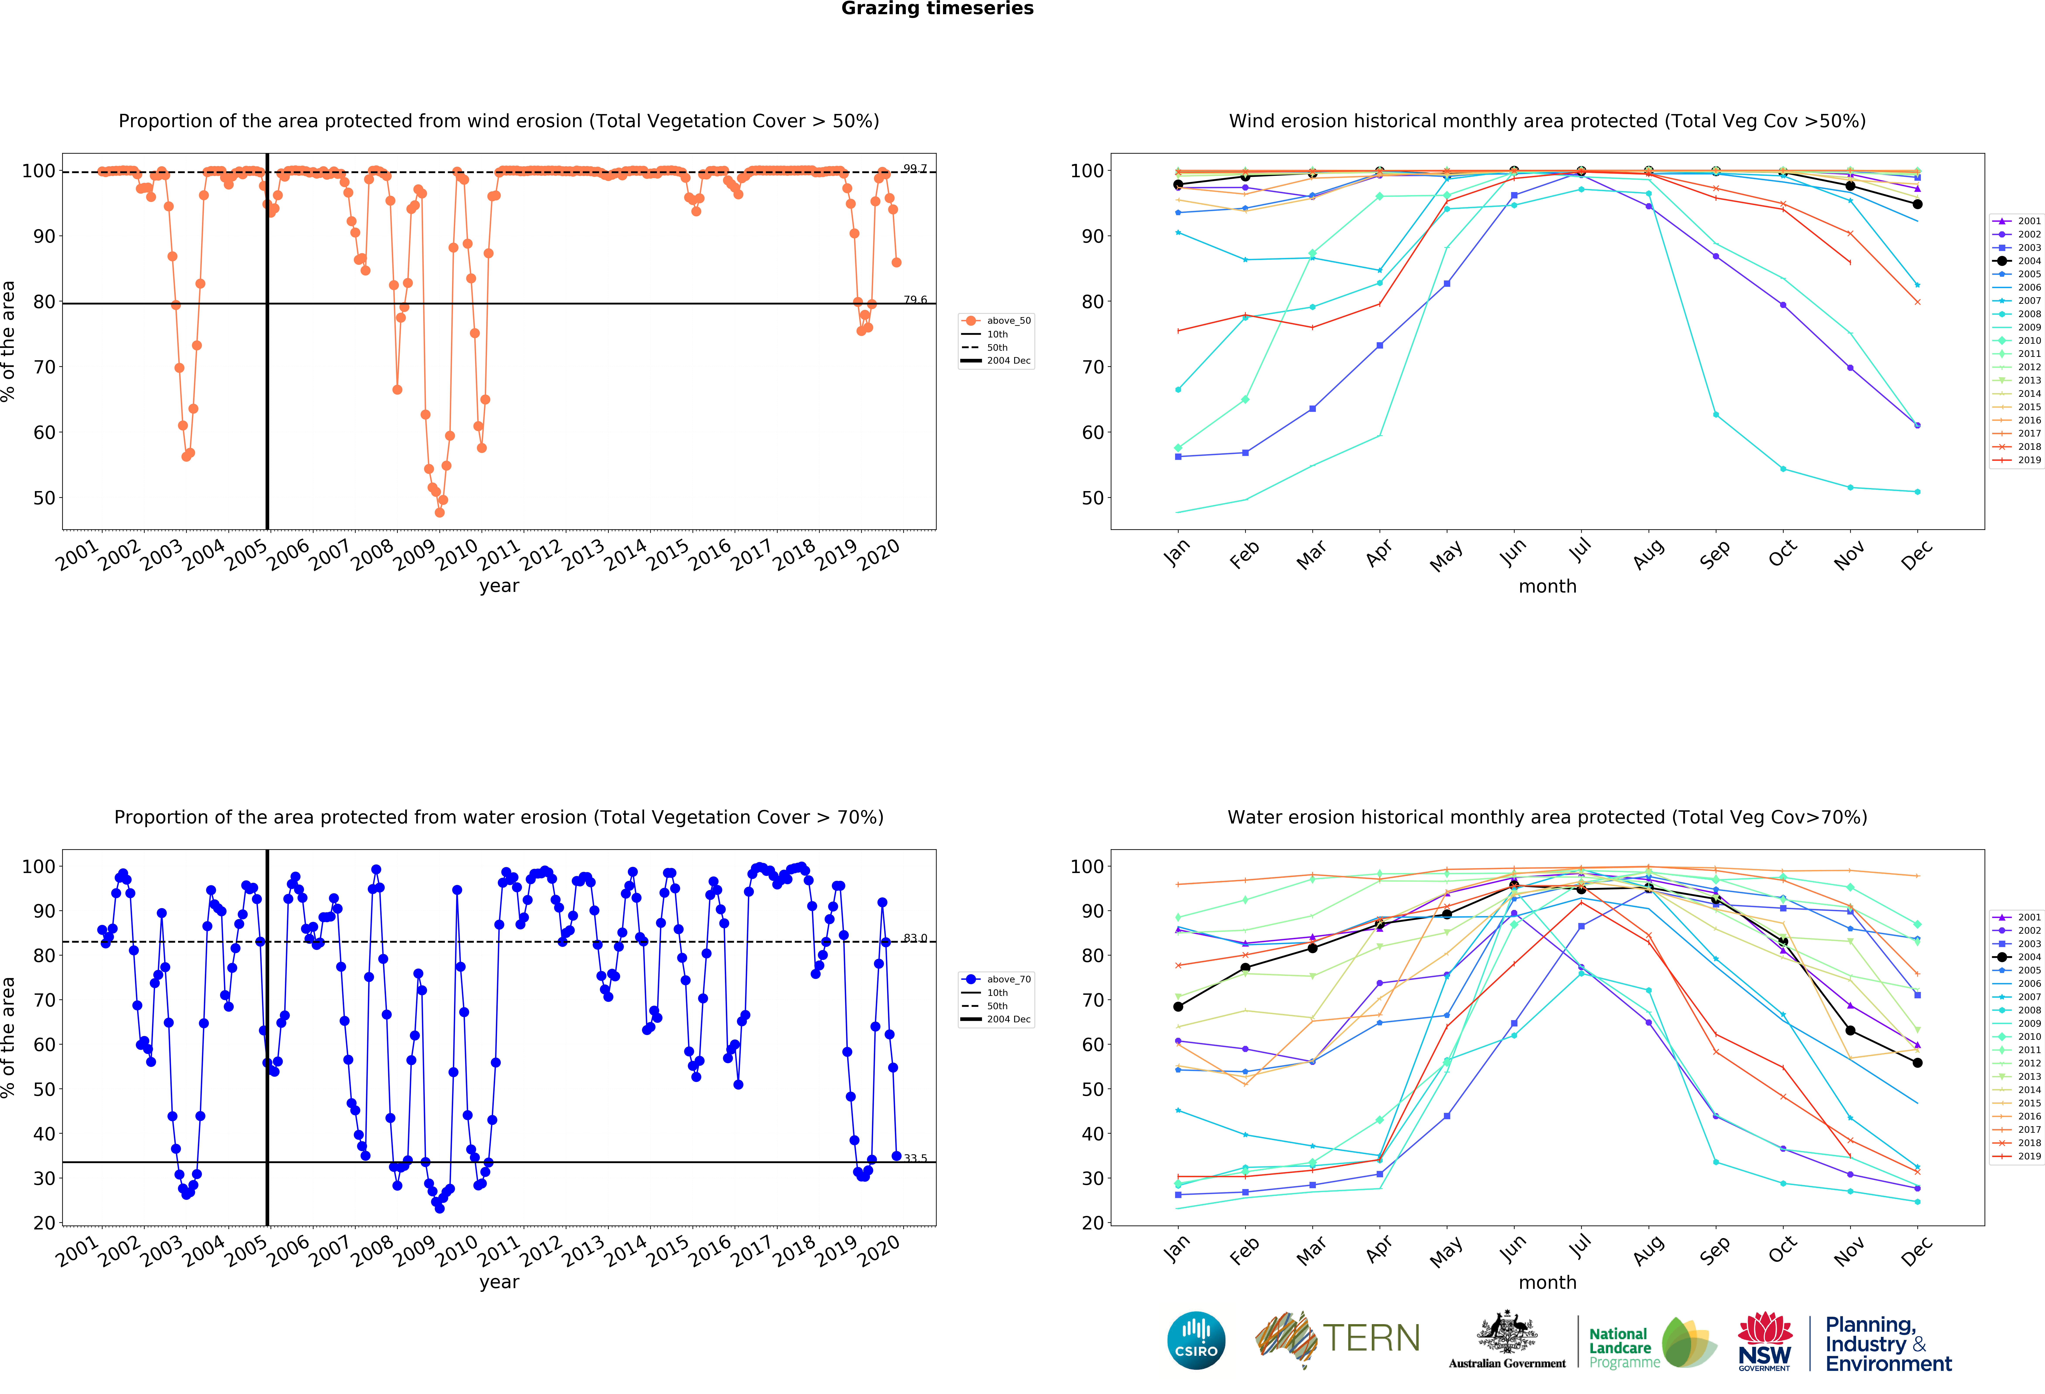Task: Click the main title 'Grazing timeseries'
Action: (937, 9)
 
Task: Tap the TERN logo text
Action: (1371, 1339)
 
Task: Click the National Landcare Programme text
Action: (1623, 1347)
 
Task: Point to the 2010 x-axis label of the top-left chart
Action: (458, 554)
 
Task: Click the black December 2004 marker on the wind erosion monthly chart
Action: (1917, 204)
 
